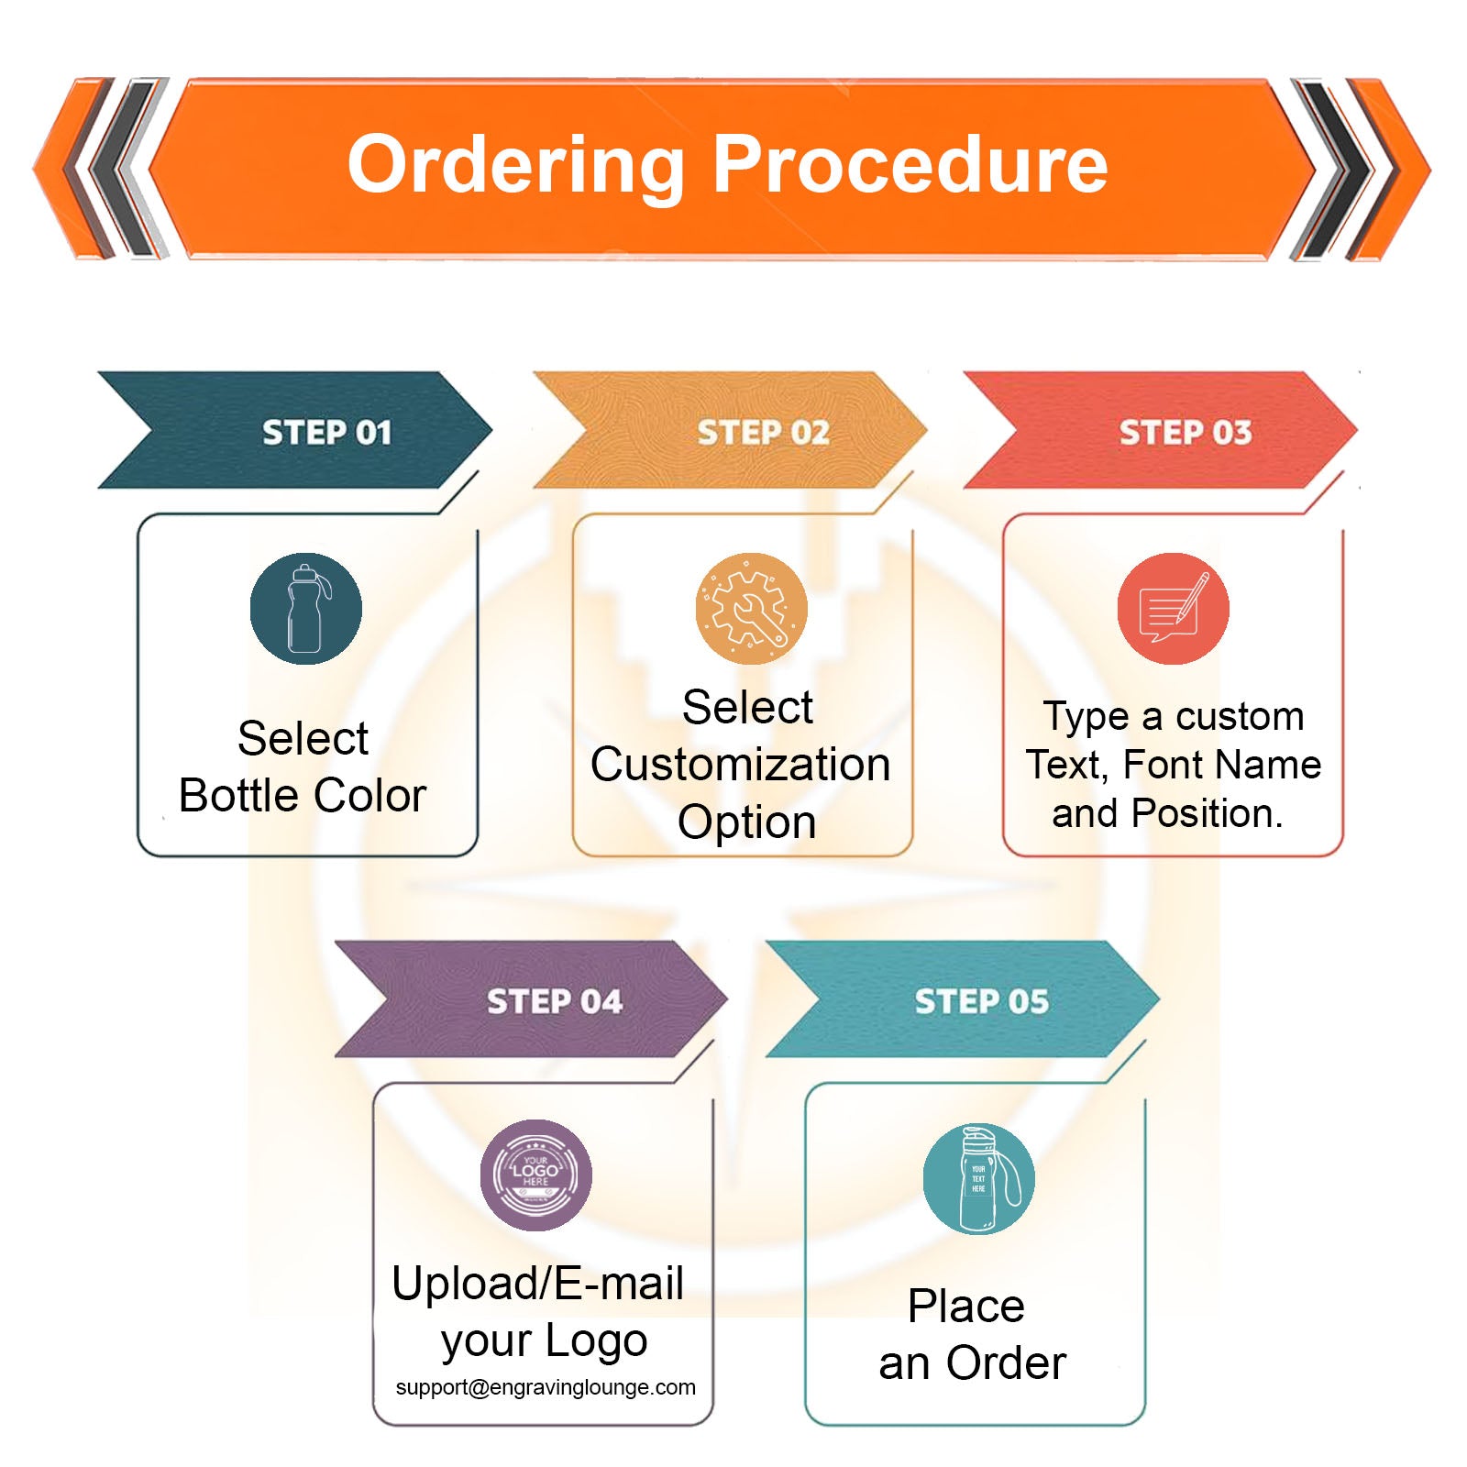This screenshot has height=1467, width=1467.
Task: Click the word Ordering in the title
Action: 516,166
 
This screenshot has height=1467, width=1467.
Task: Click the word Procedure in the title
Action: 910,165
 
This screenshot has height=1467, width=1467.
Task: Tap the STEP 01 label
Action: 326,432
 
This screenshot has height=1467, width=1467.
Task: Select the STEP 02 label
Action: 763,432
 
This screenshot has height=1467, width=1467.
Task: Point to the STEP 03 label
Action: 1185,432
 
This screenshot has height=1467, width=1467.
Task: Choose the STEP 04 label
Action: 554,1001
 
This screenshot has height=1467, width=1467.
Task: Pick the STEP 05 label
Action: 981,1001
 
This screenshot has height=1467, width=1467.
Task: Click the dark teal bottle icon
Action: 305,609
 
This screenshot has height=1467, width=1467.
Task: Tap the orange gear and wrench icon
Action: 751,609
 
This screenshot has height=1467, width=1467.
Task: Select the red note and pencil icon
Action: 1173,609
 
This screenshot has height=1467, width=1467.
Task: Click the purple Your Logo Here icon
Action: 535,1175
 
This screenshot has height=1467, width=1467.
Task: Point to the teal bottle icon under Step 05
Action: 978,1179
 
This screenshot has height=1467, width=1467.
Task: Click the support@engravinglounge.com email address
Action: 546,1387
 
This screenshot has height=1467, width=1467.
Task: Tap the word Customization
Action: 740,765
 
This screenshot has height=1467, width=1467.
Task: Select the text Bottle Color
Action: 303,795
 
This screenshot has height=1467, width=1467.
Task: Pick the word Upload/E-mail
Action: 537,1283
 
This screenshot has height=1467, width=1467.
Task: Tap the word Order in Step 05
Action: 1006,1362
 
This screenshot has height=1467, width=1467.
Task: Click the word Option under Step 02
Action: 746,822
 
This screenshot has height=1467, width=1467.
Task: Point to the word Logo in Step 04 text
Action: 596,1340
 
